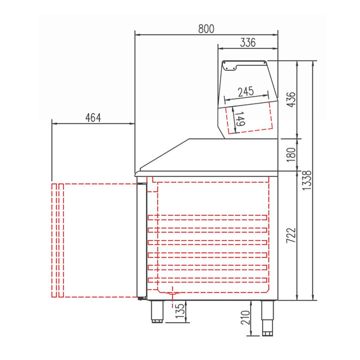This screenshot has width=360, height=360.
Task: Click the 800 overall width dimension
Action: (x=206, y=28)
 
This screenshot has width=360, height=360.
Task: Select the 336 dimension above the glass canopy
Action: (x=248, y=43)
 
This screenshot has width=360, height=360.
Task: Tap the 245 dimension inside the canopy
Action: (x=246, y=92)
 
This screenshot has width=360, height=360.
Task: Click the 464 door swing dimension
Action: (x=93, y=117)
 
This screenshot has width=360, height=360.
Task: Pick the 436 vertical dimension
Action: (x=291, y=99)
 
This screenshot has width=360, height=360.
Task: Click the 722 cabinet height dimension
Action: (x=291, y=236)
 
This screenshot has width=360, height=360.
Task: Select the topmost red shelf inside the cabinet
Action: (x=208, y=217)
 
